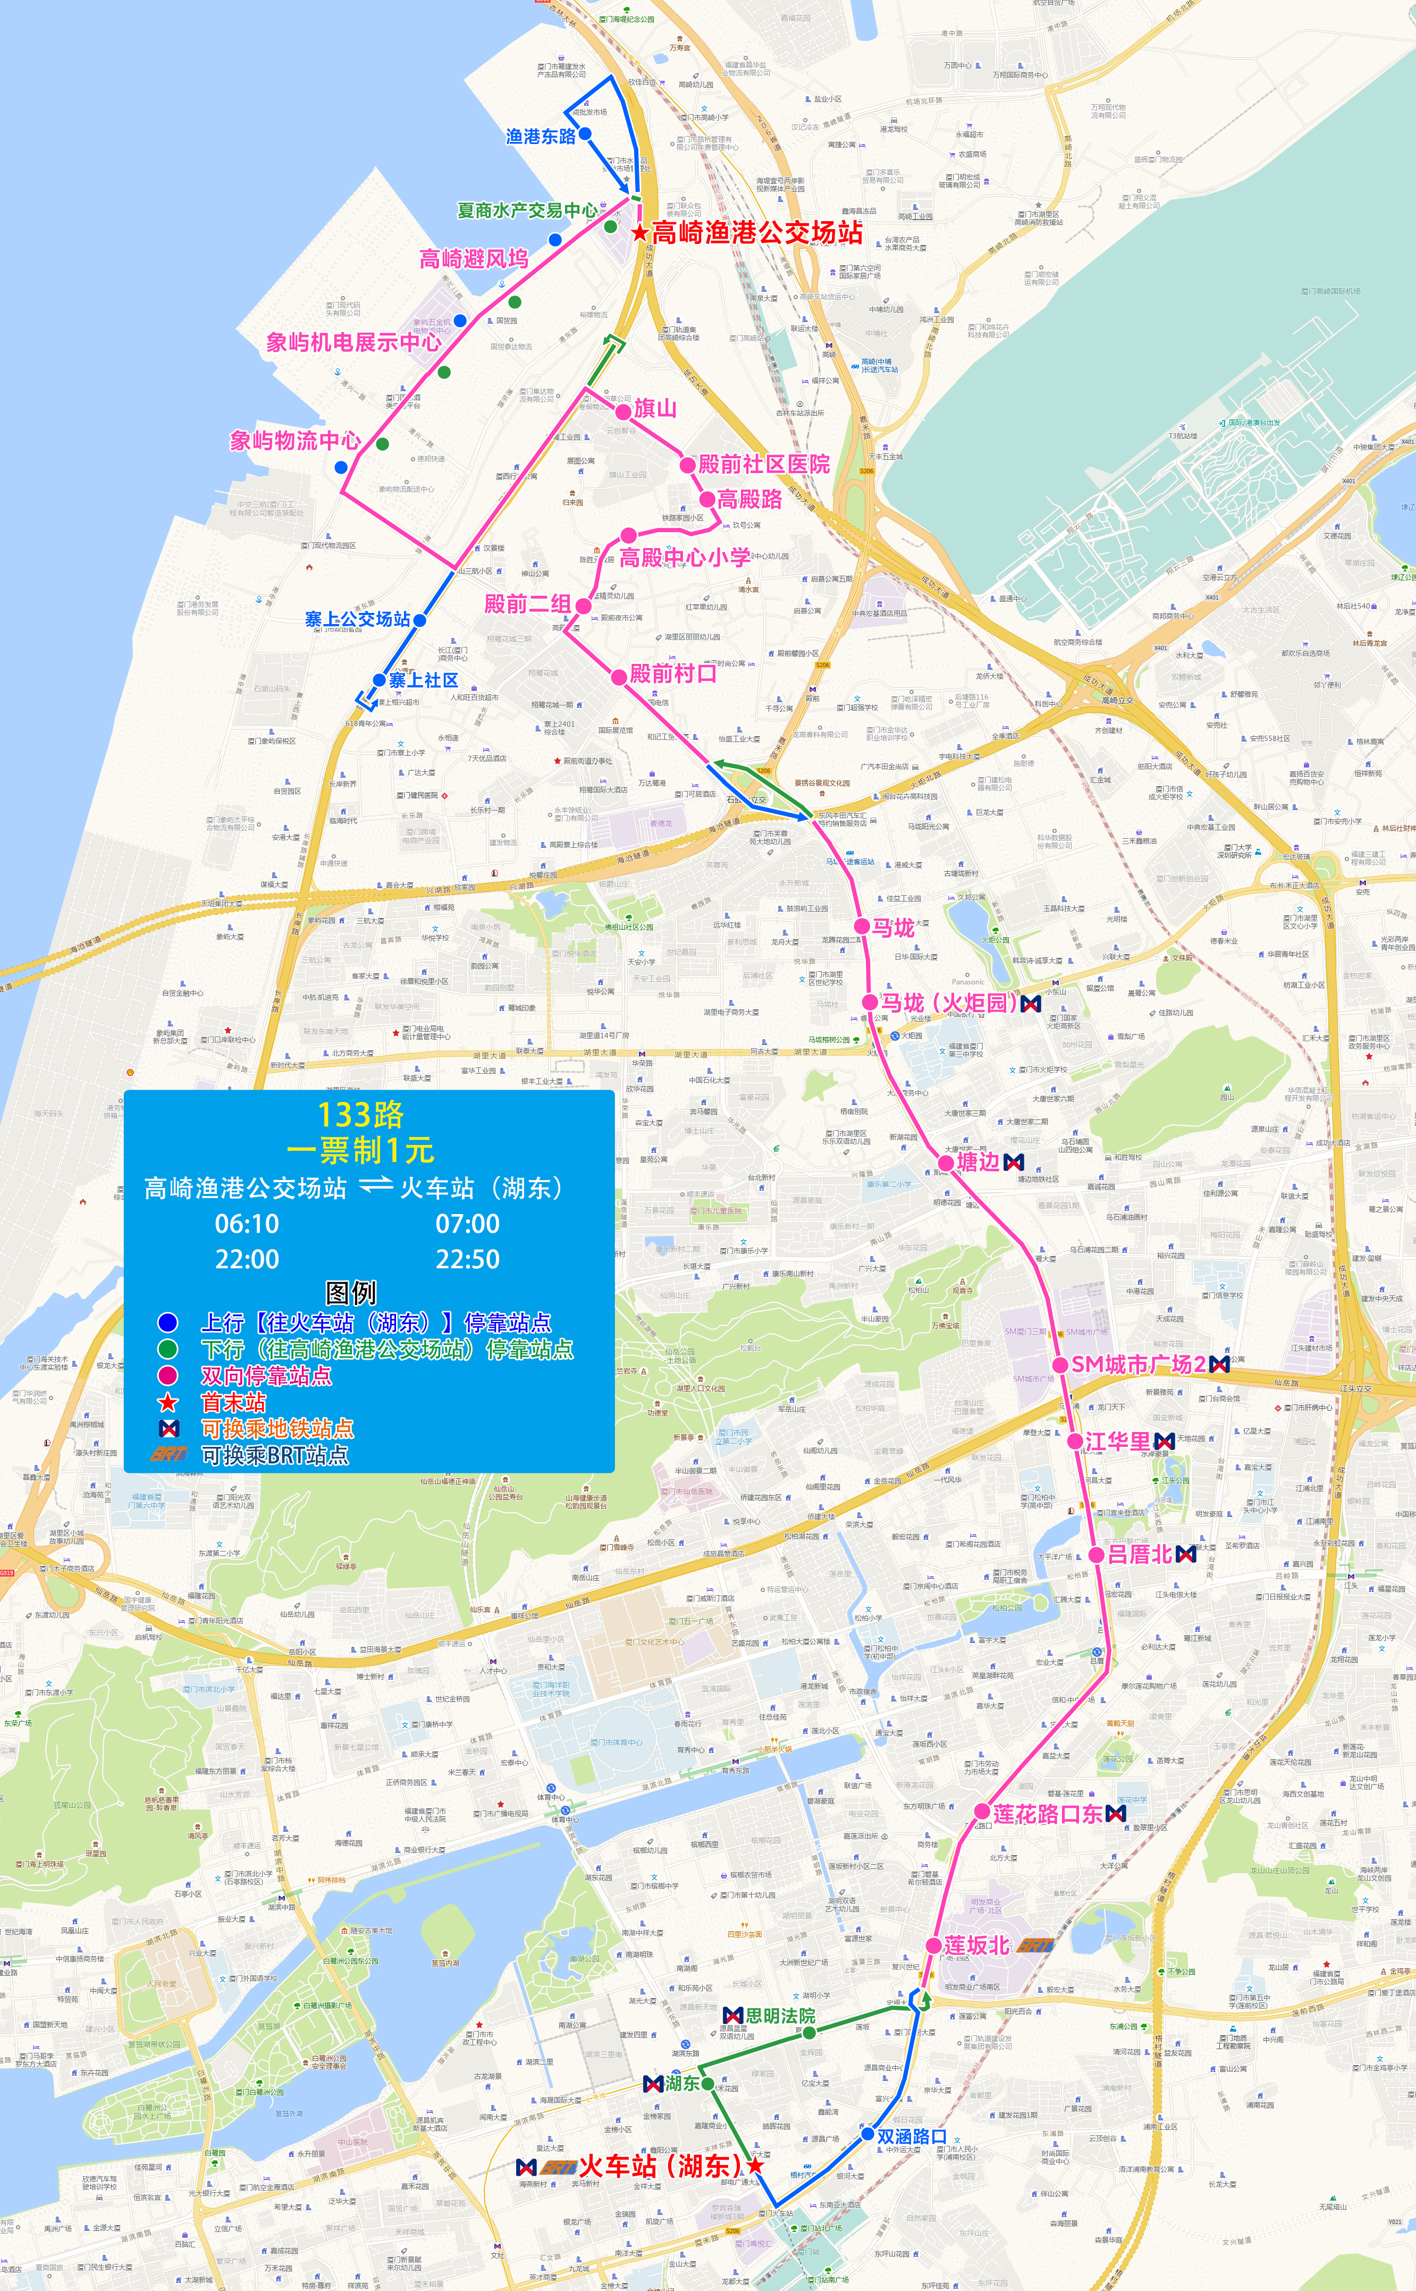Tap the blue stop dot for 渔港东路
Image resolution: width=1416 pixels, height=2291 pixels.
tap(585, 134)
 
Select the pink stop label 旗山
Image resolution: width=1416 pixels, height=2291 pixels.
tap(655, 408)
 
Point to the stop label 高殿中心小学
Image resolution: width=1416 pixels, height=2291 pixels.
tap(685, 558)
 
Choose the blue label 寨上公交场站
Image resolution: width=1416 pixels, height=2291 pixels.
tap(358, 619)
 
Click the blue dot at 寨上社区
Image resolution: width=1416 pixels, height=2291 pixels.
tap(380, 680)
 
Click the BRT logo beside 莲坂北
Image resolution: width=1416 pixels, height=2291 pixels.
tap(1036, 1945)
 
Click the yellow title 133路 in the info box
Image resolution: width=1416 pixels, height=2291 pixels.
tap(360, 1114)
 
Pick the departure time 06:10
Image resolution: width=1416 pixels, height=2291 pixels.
tap(246, 1224)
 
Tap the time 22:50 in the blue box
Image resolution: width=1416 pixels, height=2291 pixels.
tap(467, 1259)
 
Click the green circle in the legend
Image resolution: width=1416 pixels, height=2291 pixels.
tap(167, 1349)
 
